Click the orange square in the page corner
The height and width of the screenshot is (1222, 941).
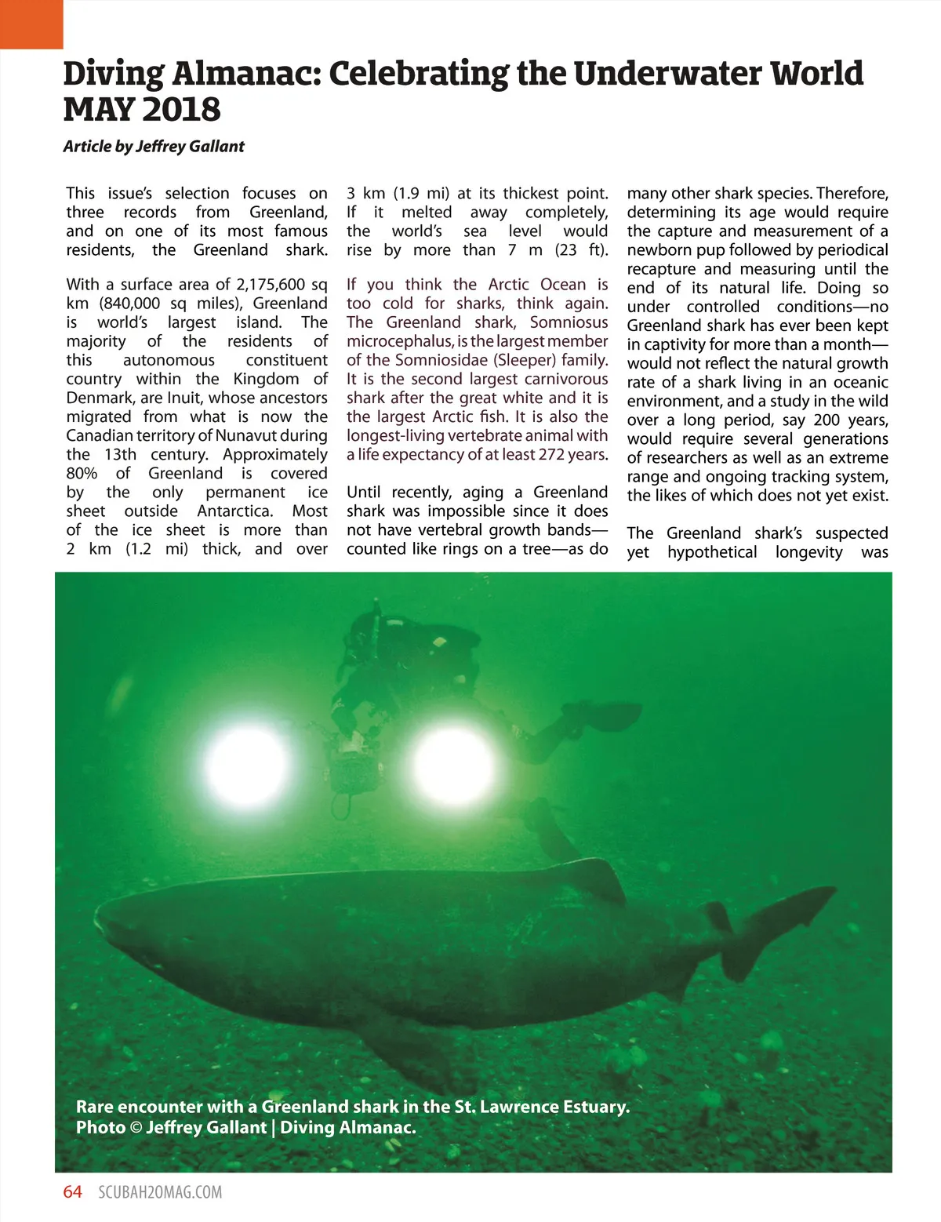31,24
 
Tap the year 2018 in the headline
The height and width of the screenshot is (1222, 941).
179,110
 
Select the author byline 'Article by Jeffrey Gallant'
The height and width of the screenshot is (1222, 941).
154,147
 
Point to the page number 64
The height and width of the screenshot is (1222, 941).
72,1192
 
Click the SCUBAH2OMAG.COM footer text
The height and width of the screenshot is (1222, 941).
160,1193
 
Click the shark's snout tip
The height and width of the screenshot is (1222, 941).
98,918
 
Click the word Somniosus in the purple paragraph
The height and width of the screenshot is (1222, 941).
569,322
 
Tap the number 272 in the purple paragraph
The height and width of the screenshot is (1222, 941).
554,455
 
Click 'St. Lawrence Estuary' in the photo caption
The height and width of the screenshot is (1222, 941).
542,1107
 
